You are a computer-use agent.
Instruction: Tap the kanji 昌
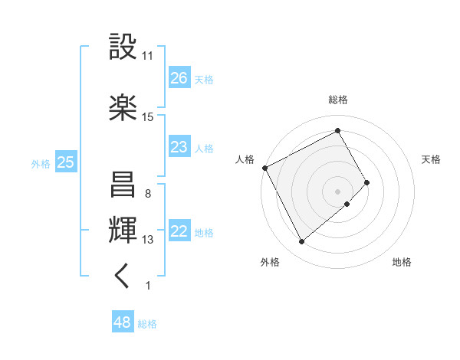point(123,185)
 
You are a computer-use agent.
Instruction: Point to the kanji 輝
point(123,231)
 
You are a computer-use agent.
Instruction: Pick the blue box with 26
point(179,77)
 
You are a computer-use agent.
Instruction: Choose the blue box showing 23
point(179,146)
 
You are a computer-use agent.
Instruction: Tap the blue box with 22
point(179,231)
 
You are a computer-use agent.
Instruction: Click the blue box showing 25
point(66,162)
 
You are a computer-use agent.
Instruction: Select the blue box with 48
point(123,322)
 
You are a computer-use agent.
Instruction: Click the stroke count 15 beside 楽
point(148,117)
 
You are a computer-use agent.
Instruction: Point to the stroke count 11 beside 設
point(148,56)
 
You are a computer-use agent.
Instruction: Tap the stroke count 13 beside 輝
point(148,240)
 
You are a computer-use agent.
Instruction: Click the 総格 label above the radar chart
point(338,100)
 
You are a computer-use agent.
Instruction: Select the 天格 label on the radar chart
point(432,159)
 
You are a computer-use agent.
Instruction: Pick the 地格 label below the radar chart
point(402,262)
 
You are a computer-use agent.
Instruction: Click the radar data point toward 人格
point(264,168)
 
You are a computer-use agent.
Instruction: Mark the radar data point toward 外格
point(302,242)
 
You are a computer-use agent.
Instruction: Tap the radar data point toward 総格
point(338,131)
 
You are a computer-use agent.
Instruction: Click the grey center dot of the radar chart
point(338,191)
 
